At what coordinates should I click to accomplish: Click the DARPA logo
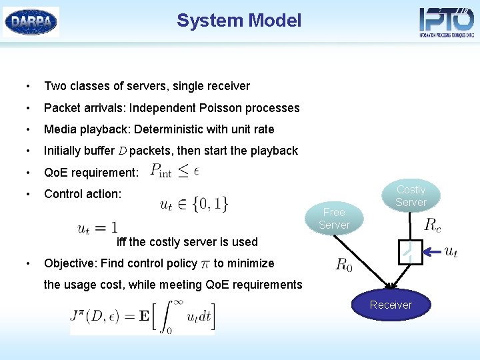(31, 21)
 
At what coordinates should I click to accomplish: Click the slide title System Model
(239, 21)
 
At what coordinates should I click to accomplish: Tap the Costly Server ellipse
(411, 195)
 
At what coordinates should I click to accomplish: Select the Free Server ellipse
(334, 218)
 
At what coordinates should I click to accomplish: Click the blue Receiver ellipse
(391, 305)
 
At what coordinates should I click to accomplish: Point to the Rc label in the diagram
(432, 225)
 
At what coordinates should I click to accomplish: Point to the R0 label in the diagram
(344, 265)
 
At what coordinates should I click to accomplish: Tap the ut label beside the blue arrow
(451, 251)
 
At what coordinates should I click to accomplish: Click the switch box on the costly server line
(409, 251)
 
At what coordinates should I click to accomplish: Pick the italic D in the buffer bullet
(121, 151)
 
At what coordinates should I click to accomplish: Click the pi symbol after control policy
(205, 264)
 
